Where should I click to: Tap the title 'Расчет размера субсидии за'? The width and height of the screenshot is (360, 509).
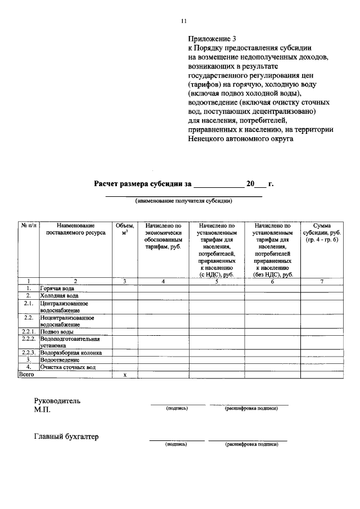click(x=143, y=183)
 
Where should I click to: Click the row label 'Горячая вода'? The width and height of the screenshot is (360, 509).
click(x=57, y=288)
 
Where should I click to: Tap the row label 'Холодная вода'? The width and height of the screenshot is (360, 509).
click(x=59, y=295)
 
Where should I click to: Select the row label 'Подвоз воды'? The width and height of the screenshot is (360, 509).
click(x=57, y=332)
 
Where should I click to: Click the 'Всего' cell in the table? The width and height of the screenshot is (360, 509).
click(x=26, y=374)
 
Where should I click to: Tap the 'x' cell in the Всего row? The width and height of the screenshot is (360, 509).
click(x=125, y=375)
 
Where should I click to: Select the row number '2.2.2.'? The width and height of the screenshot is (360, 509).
click(x=29, y=339)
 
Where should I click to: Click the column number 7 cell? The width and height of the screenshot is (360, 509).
click(x=322, y=281)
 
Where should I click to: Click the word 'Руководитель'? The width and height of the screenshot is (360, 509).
click(x=57, y=401)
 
